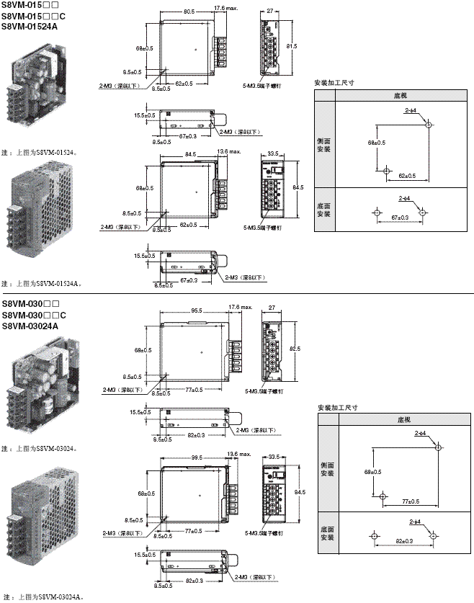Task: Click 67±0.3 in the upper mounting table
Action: [398, 218]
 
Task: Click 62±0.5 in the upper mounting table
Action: [407, 176]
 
